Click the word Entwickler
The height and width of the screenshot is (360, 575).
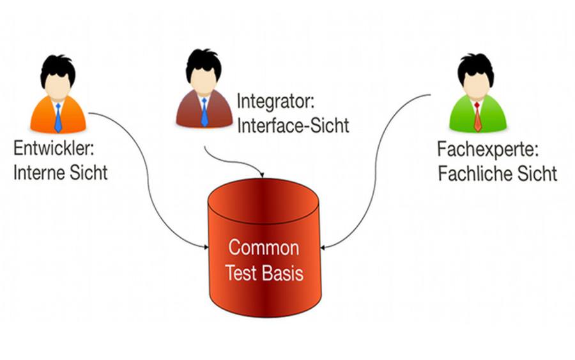[54, 148]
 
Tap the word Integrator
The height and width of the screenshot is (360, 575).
[275, 101]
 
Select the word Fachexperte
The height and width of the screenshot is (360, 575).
[487, 150]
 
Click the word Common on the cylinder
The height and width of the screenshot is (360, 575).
[264, 247]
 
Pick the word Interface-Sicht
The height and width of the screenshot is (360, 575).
[293, 125]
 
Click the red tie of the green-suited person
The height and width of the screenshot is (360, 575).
[477, 117]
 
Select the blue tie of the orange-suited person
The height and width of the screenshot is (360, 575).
[58, 118]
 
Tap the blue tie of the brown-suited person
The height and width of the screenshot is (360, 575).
[204, 113]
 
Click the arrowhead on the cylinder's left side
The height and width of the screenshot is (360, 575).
[206, 247]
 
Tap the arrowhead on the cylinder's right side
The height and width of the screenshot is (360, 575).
[323, 247]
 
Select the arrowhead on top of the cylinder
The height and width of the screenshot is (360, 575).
[261, 175]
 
